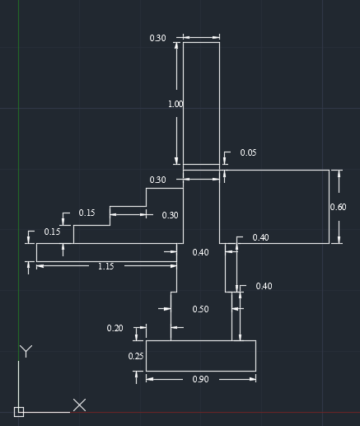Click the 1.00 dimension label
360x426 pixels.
tap(175, 104)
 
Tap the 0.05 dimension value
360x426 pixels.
tap(248, 152)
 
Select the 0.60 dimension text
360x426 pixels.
tap(338, 207)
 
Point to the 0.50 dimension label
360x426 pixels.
tap(200, 309)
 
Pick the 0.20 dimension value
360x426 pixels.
tap(115, 328)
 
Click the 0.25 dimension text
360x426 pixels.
tap(136, 356)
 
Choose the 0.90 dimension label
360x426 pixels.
tap(200, 379)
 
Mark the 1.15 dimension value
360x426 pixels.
tap(106, 266)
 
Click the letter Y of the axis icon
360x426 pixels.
tap(26, 351)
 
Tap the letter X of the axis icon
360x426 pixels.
tap(80, 405)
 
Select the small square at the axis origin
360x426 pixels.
tap(19, 412)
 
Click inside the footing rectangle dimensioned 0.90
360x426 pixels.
tap(201, 356)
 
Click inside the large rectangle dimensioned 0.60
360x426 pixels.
tap(274, 207)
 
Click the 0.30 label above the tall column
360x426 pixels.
tap(157, 38)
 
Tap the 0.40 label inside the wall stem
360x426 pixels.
tap(200, 252)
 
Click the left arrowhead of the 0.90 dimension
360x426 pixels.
tap(150, 379)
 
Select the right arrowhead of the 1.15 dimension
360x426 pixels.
tap(173, 266)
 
